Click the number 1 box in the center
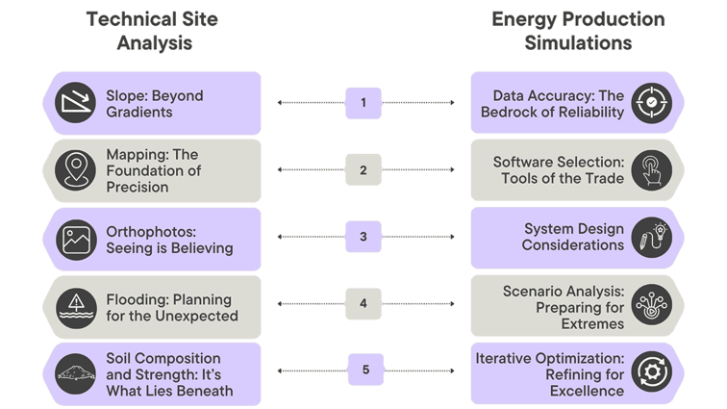363,102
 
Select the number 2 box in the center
363,170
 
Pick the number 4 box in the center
363,304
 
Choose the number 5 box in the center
363,370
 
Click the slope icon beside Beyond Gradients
74,103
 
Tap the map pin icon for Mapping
74,170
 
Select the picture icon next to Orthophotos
74,238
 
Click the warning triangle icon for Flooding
74,305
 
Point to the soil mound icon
74,371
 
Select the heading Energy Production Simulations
577,31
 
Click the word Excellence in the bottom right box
587,390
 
